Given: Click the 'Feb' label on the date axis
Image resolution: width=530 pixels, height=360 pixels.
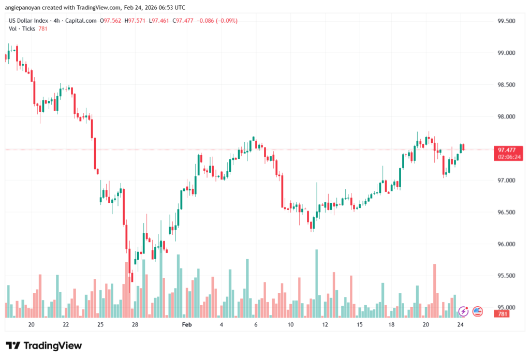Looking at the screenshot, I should point(187,325).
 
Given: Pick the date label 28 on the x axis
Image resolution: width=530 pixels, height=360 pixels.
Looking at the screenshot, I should point(135,325).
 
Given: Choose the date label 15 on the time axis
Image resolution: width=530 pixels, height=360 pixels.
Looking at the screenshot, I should point(360,325).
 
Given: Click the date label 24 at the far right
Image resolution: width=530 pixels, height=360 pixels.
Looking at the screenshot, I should point(461,325).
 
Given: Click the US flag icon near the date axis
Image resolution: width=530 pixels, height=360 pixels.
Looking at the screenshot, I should point(477,311).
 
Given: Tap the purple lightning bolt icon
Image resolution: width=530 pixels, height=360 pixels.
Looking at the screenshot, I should point(463,311).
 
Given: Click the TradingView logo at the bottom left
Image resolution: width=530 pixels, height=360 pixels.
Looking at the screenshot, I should point(44,346).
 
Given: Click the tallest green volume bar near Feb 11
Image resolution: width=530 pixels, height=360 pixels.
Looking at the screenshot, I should point(316,283).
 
